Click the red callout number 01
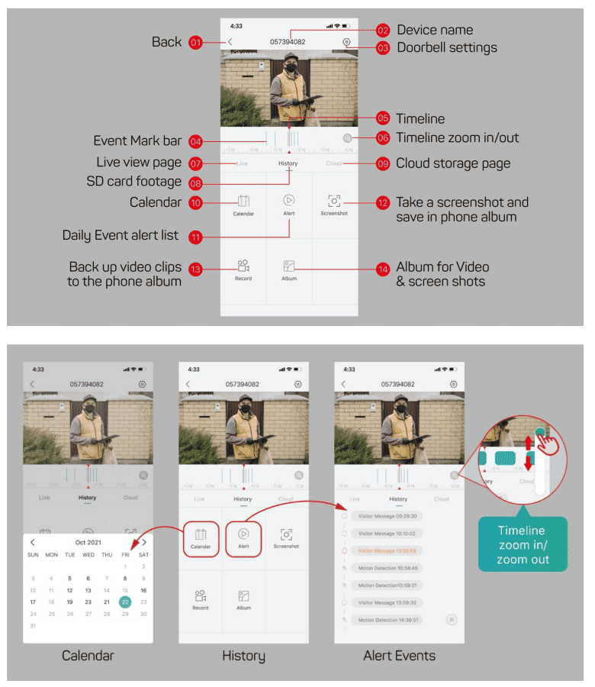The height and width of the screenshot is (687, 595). tap(196, 43)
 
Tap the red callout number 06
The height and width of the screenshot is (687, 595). tap(383, 138)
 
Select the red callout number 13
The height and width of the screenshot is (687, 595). tap(196, 269)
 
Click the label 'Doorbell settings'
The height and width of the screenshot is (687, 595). tap(446, 47)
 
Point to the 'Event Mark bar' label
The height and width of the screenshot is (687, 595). tap(137, 141)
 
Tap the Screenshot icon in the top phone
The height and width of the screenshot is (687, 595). tap(334, 202)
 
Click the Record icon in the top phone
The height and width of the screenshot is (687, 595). tap(243, 266)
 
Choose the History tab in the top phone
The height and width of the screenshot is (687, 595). tap(288, 163)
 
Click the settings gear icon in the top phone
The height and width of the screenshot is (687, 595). tap(346, 42)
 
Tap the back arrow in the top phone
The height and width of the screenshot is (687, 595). tap(230, 42)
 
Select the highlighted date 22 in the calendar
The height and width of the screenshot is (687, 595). tap(125, 602)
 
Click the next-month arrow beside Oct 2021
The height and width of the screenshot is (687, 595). tap(143, 542)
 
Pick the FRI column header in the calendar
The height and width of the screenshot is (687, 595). tap(125, 555)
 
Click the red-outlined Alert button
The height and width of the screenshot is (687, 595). tap(243, 538)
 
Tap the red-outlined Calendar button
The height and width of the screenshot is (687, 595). tap(201, 538)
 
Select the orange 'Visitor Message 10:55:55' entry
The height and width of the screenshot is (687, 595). tap(388, 550)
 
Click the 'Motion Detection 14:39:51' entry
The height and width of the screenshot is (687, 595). tap(388, 620)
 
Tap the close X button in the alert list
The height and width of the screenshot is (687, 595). tap(451, 619)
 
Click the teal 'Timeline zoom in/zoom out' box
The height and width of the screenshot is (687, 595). tap(523, 544)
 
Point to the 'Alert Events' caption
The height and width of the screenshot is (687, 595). tap(398, 656)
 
